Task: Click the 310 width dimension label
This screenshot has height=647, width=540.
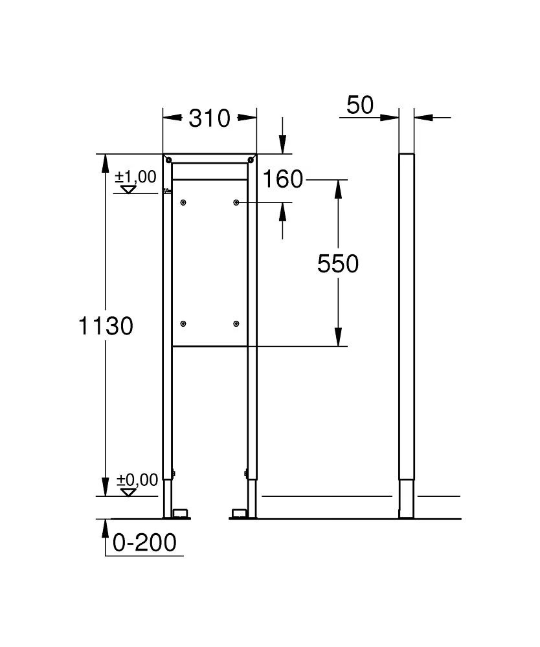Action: click(x=209, y=118)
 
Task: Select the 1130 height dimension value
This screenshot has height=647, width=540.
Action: click(x=106, y=325)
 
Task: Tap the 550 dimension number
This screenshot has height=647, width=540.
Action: click(x=337, y=263)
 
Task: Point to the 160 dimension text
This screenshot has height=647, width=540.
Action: click(x=283, y=179)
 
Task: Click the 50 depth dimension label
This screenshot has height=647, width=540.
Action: click(x=360, y=105)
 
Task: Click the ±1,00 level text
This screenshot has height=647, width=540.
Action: click(x=136, y=176)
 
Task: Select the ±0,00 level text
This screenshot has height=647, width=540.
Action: click(x=137, y=480)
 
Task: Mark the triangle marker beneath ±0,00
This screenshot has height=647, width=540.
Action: click(x=129, y=492)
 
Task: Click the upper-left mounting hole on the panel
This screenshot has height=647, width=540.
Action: click(x=184, y=203)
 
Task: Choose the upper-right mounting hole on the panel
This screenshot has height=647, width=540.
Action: click(x=236, y=203)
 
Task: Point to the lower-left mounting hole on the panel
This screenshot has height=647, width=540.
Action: click(x=184, y=323)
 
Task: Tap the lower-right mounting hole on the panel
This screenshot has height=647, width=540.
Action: click(x=236, y=323)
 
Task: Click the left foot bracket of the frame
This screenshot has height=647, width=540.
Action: click(x=180, y=514)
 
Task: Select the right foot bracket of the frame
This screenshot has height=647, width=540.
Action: click(x=238, y=514)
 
